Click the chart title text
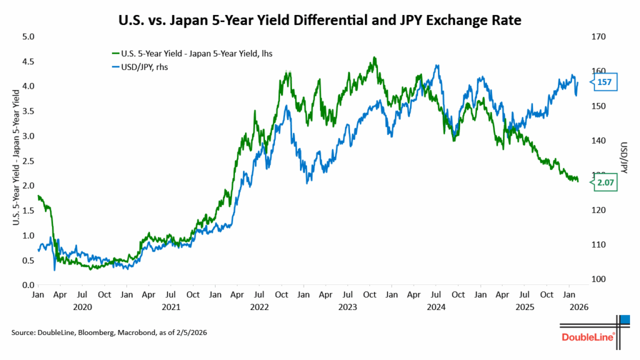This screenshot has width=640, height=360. [x=319, y=21]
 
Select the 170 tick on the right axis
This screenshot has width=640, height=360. [x=598, y=37]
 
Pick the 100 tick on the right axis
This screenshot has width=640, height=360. [x=598, y=279]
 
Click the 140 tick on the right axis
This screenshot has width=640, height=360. [x=598, y=141]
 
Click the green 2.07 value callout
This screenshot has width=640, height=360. [x=606, y=182]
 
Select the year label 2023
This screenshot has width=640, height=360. [x=347, y=307]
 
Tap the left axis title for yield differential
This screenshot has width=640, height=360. [x=15, y=161]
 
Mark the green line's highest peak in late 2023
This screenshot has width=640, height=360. [x=374, y=57]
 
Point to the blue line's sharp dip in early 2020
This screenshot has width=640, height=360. [x=54, y=269]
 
